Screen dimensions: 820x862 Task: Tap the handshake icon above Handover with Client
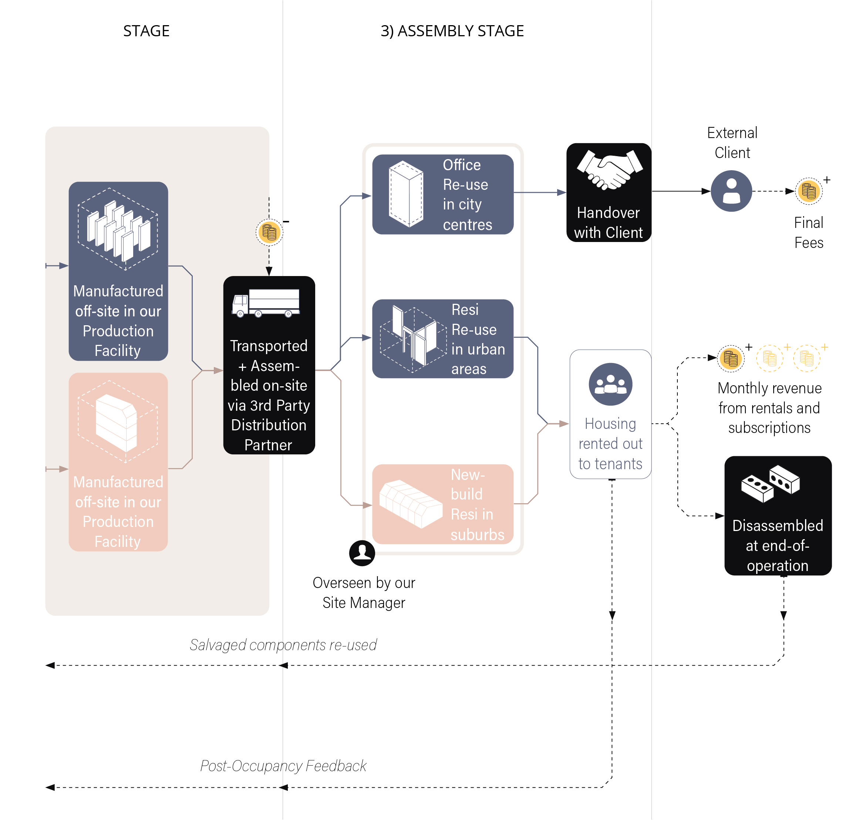click(609, 169)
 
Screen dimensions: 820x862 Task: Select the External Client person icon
click(731, 191)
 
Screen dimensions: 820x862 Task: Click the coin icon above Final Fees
click(809, 191)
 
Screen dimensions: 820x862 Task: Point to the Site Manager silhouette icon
click(362, 553)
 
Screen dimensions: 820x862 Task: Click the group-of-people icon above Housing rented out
click(610, 384)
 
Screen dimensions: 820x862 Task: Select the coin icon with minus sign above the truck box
click(269, 232)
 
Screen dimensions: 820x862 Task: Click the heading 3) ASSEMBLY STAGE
click(452, 31)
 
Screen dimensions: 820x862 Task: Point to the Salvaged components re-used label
click(283, 645)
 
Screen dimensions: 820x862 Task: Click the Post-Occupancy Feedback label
click(283, 766)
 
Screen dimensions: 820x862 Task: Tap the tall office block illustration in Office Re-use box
click(406, 194)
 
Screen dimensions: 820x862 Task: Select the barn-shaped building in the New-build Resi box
click(410, 504)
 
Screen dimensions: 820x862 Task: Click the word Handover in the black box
click(608, 213)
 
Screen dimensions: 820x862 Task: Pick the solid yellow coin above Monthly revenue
click(731, 359)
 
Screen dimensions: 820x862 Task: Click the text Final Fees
click(809, 232)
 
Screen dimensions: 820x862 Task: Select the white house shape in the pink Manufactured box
click(116, 422)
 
